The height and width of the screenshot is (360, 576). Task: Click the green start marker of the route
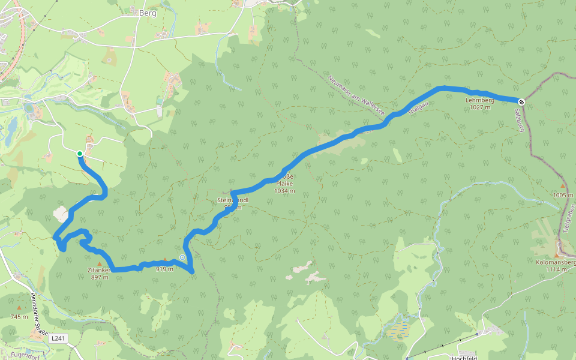click(80, 154)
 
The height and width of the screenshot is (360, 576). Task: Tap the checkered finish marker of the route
click(522, 102)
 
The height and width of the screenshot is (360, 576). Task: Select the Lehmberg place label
click(479, 100)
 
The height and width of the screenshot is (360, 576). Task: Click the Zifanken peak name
click(99, 271)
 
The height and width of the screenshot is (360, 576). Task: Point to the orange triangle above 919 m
click(165, 260)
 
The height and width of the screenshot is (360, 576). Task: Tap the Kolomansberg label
click(556, 262)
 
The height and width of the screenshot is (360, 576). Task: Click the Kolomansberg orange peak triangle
click(556, 255)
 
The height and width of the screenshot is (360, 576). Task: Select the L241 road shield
click(58, 338)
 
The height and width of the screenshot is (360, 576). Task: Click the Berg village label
click(147, 13)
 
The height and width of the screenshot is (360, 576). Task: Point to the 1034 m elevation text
click(284, 190)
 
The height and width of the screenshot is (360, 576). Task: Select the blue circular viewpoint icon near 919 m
click(182, 257)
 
